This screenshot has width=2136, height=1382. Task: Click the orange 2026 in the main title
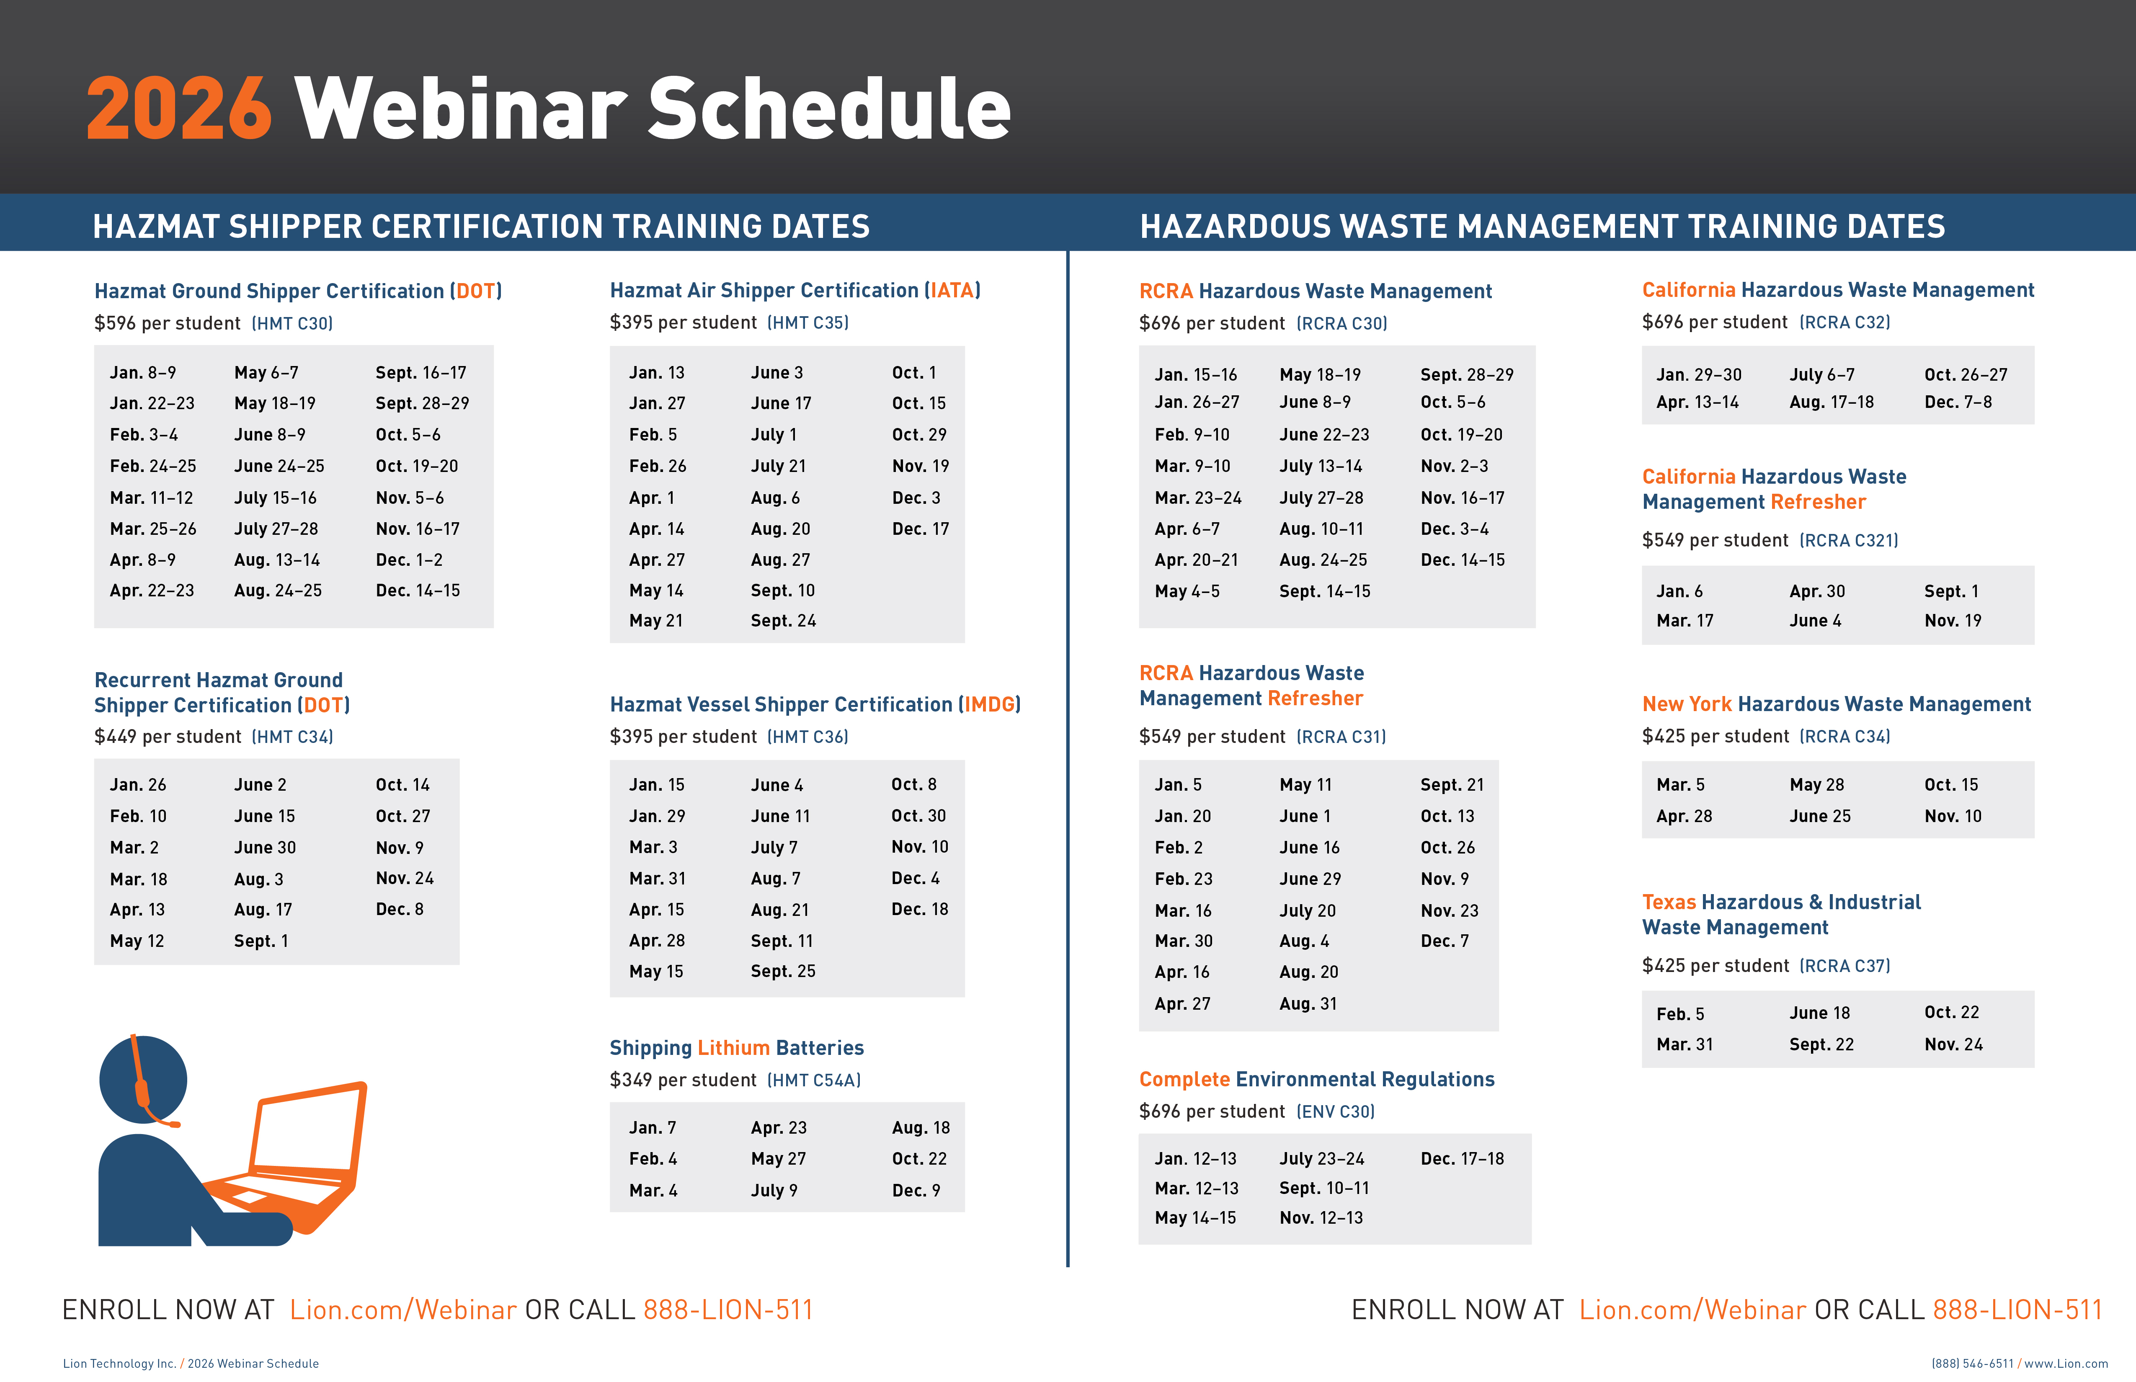tap(178, 108)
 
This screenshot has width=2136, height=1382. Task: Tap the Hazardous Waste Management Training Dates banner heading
tap(1542, 226)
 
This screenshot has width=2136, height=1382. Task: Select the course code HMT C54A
tap(814, 1080)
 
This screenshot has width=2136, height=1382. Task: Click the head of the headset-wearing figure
tap(144, 1079)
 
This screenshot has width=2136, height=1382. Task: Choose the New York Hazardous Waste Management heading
tap(1836, 704)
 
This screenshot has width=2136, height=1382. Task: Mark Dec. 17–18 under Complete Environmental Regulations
tap(1462, 1158)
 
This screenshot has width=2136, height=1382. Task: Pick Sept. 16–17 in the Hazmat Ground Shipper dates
tap(421, 372)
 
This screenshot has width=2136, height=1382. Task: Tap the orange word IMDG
tap(989, 704)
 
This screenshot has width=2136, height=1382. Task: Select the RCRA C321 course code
tap(1849, 540)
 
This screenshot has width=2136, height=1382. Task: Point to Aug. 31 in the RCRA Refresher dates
tap(1308, 1003)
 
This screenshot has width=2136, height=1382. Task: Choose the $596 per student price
tap(168, 323)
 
